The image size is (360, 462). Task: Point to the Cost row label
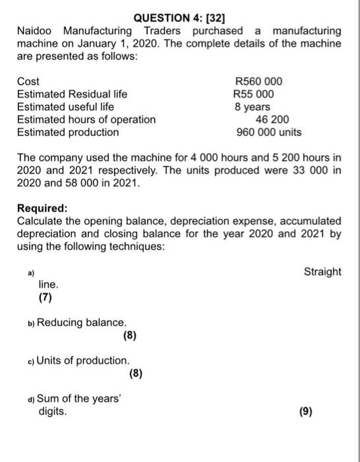coord(28,82)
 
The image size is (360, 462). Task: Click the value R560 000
coord(258,82)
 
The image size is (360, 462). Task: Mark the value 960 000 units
coord(269,132)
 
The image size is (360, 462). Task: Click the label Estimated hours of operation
coord(86,119)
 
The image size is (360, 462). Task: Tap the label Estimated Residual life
coord(72,94)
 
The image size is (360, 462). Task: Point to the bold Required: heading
coord(41,208)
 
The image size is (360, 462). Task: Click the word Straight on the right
coord(322,272)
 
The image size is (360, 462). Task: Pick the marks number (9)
coord(306,411)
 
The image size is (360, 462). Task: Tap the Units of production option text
coord(83,360)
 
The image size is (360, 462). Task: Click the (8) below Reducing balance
coord(130,335)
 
